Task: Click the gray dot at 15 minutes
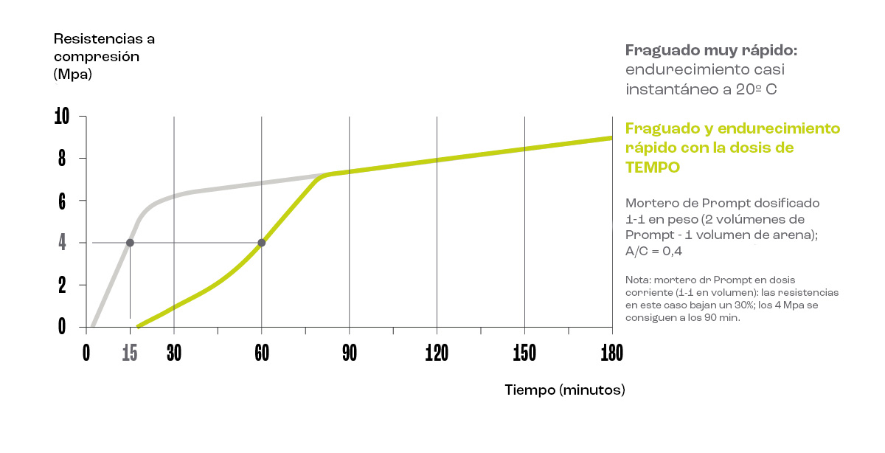(130, 243)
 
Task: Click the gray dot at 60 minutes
(261, 243)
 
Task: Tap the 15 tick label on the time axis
(130, 353)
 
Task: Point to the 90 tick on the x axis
(349, 353)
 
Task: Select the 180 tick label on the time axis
(611, 353)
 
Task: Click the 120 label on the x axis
(437, 353)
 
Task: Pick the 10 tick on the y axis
(61, 117)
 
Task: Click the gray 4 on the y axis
(62, 243)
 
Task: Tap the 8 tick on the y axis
(62, 159)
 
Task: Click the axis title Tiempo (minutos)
(564, 390)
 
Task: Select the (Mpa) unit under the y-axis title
(72, 74)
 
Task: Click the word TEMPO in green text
(652, 167)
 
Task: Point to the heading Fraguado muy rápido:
(711, 50)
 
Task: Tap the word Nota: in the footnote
(638, 281)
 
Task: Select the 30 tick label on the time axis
(174, 353)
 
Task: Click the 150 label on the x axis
(524, 353)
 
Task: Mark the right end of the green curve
(611, 138)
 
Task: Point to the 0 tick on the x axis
(86, 353)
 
